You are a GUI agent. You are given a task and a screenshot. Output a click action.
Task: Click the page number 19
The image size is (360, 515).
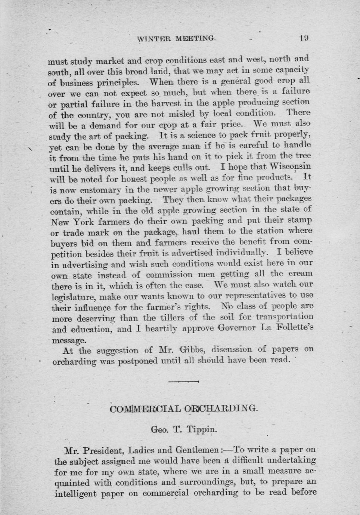coord(304,38)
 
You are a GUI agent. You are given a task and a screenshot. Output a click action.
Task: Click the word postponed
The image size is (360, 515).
coord(138,361)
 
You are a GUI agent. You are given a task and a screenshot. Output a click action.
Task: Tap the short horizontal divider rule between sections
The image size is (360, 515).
coord(183,381)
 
